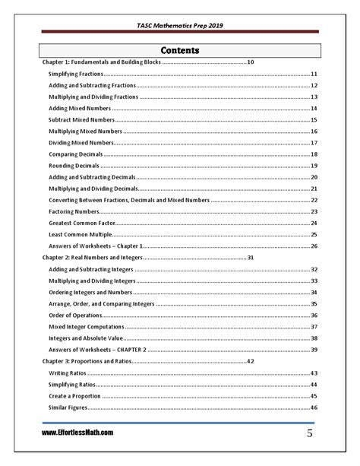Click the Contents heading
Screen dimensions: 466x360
tap(180, 50)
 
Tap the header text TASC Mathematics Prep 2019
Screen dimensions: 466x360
tap(180, 24)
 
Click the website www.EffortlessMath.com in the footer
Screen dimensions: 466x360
tap(77, 433)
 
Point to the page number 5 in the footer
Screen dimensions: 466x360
tap(311, 434)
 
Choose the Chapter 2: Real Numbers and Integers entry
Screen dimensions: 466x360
tap(92, 258)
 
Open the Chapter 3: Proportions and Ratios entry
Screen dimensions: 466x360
tap(87, 360)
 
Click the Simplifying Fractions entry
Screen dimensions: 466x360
tap(75, 74)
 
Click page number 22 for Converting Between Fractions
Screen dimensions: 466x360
tap(314, 200)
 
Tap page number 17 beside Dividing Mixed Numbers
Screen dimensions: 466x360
tap(314, 143)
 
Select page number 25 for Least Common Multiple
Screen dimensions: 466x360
tap(314, 234)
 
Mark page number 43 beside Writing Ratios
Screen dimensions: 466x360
tap(314, 373)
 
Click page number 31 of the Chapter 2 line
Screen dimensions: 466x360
tap(251, 258)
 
